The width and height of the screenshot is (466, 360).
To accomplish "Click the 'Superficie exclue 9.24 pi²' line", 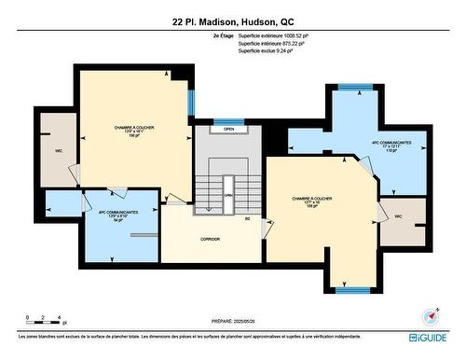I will click(265, 51).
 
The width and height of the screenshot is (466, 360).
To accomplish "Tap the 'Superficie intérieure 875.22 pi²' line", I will click(270, 43).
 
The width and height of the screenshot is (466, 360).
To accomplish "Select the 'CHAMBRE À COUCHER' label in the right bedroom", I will click(311, 198).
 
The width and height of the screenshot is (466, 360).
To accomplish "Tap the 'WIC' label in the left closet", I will click(58, 150).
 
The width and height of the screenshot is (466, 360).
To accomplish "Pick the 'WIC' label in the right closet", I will click(398, 216).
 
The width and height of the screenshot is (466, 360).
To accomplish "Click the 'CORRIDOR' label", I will click(210, 239).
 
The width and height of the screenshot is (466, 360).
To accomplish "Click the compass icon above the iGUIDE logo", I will click(429, 317).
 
